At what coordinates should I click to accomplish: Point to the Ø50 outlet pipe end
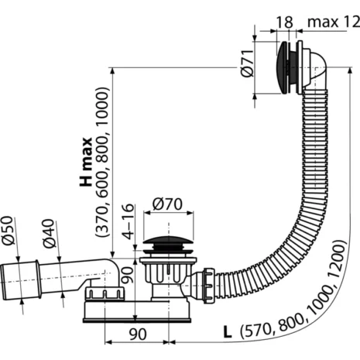[15, 276]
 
